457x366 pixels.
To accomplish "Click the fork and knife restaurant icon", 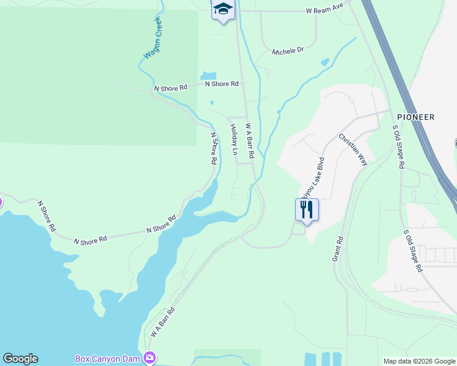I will point(307,210).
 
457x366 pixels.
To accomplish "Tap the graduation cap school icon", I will point(223,9).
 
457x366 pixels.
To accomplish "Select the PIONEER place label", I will point(415,117).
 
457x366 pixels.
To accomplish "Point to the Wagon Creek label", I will point(153,38).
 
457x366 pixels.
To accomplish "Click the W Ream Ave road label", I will point(325,10).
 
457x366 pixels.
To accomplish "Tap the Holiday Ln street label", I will point(233,139).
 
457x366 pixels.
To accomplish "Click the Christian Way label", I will point(353,150).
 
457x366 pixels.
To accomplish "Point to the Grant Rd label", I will point(338,249).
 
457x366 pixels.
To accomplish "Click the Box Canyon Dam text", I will point(107,358).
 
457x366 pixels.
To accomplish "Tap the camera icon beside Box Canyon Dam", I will point(149,357).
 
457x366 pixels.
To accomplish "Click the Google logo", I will point(20,359).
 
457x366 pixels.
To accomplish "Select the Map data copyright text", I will point(419,361).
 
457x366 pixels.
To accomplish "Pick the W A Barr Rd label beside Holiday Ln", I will point(249,142).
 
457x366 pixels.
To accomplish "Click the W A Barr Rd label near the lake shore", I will point(163,322).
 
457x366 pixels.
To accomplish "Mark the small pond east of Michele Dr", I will point(325,62).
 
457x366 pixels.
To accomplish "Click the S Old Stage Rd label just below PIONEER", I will point(398,147).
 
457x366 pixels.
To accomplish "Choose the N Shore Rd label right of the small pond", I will point(222,84).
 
